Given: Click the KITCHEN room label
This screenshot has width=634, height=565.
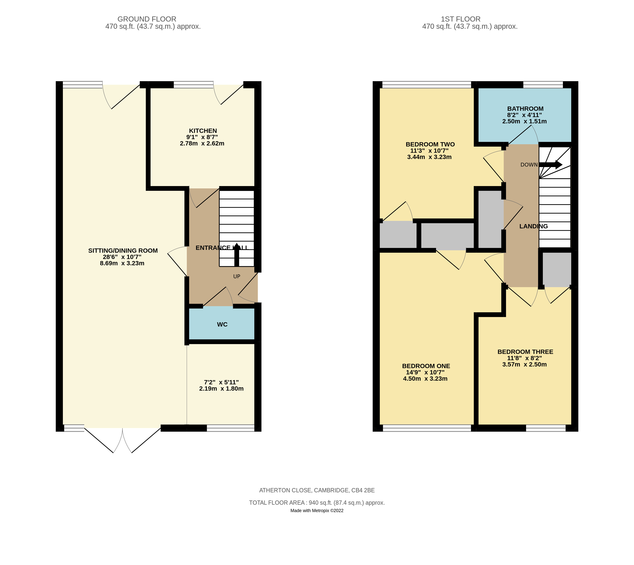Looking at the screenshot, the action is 203,131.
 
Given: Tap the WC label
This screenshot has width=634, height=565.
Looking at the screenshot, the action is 222,324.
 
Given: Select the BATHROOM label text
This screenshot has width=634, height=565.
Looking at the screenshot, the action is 525,109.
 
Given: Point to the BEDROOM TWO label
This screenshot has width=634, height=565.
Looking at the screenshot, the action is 430,144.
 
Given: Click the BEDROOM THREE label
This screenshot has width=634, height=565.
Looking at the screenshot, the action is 525,352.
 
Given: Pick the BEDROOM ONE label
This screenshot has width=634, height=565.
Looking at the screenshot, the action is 426,366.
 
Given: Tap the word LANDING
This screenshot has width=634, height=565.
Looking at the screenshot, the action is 533,226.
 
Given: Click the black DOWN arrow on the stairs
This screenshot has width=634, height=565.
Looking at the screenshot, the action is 550,165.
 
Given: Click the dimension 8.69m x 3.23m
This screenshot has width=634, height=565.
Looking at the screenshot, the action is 122,263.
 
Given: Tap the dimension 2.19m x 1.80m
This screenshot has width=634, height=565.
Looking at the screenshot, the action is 221,389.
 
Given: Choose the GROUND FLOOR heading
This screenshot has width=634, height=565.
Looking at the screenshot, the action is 147,19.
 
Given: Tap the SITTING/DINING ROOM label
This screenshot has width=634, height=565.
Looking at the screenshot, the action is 123,250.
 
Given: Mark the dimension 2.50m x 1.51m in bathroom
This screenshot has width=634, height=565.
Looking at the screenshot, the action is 524,121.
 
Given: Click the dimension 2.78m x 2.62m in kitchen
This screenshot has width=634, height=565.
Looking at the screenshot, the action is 202,143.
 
